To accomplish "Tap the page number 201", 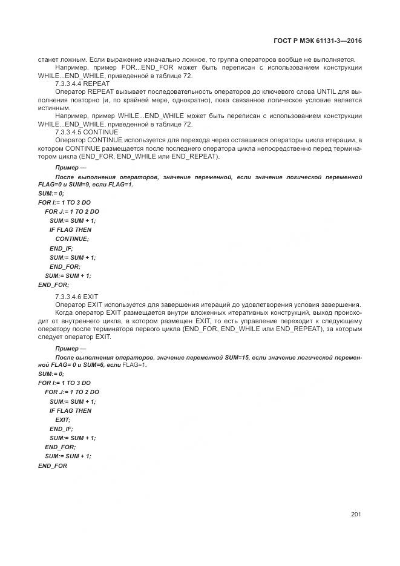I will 355,515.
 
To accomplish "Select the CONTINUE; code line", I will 72,239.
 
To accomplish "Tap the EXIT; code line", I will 63,419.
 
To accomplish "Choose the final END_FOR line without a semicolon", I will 53,466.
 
